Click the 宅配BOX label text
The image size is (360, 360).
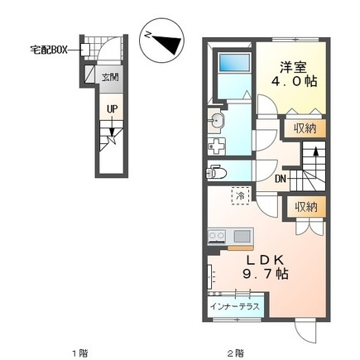49,50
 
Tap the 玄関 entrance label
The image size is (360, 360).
110,78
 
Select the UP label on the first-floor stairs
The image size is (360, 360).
113,109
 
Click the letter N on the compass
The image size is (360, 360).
149,35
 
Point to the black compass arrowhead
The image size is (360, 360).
168,44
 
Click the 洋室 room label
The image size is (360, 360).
293,67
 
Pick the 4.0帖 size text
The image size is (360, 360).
294,81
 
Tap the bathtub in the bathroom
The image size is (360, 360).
234,62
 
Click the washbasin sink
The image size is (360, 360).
216,121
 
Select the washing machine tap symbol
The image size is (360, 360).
217,146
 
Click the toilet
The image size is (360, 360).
216,172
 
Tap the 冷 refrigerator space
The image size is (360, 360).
241,195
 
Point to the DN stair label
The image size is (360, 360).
280,180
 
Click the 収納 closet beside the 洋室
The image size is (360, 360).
305,128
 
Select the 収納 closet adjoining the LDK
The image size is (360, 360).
305,207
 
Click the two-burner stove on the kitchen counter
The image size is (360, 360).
217,236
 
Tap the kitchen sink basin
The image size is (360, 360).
242,236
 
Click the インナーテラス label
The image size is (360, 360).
235,307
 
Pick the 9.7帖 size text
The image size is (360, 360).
266,274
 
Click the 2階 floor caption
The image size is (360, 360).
236,353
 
